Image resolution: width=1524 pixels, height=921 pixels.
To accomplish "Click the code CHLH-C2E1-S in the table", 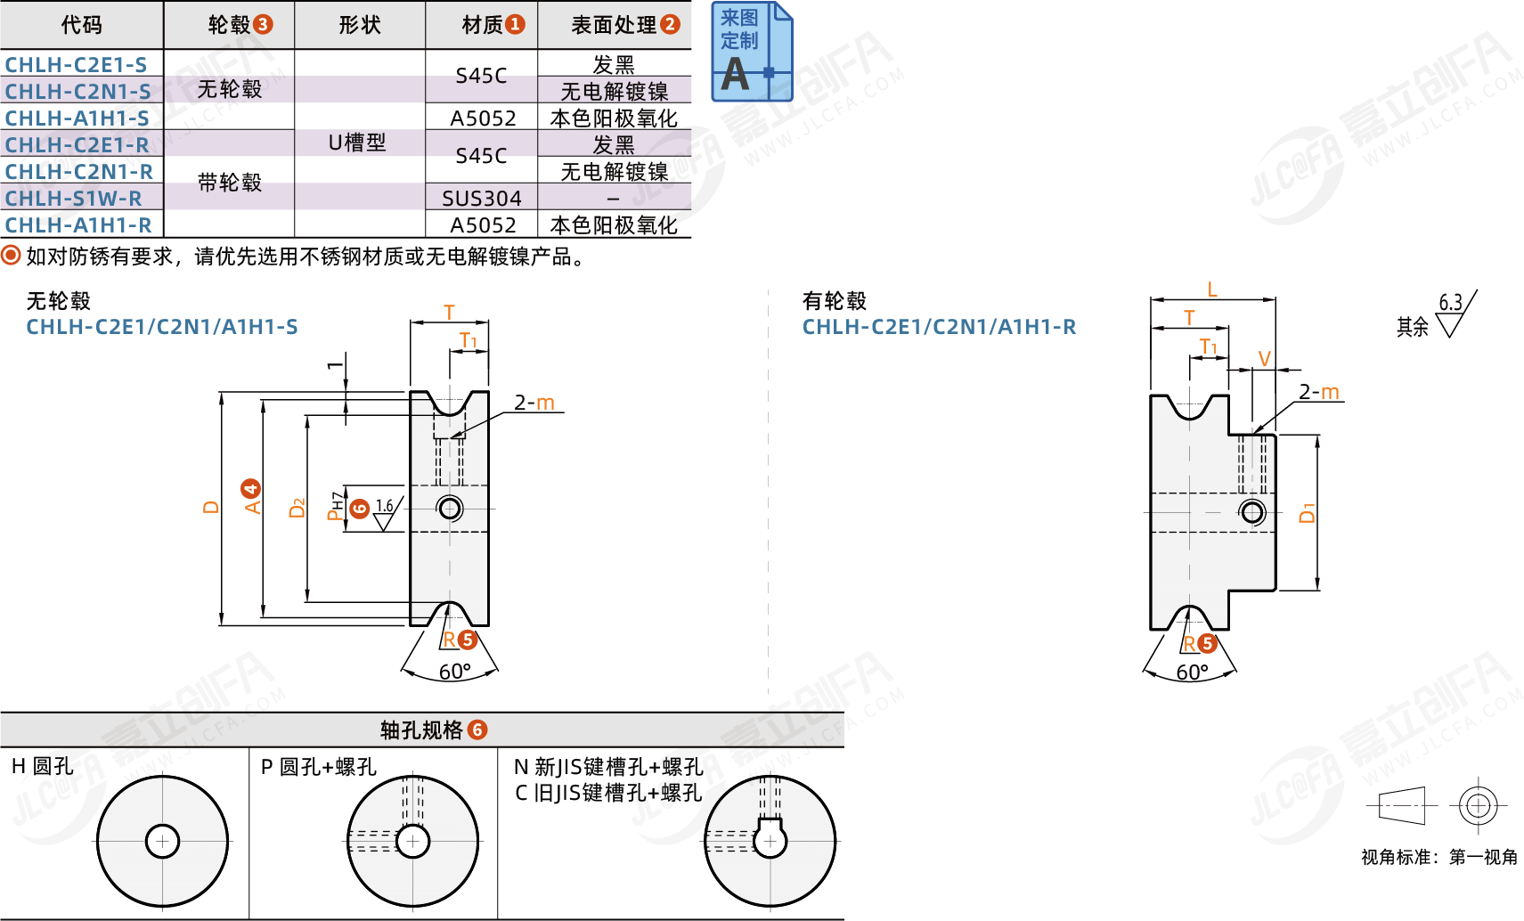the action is click(76, 65).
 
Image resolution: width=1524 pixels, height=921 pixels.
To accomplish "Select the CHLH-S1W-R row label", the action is click(73, 198).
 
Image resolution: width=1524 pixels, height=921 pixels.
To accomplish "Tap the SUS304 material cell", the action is click(481, 198).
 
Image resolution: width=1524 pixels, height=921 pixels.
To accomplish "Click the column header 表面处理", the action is click(614, 25).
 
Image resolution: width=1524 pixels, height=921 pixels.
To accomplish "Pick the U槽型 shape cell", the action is click(357, 143).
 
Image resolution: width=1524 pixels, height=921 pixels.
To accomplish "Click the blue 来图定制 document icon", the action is click(752, 52).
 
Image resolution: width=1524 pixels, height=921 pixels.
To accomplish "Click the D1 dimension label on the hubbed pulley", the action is click(1307, 513).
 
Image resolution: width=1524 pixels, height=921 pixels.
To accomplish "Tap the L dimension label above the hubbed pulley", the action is click(1211, 289).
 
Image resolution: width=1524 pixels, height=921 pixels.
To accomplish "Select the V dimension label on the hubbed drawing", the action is click(1264, 358).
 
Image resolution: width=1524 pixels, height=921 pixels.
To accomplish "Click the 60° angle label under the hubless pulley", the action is click(455, 672).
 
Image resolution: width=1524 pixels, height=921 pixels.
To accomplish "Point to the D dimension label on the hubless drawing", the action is click(212, 508).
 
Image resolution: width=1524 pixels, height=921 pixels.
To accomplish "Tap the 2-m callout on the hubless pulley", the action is click(534, 403).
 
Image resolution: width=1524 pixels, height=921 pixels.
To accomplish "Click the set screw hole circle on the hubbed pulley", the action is click(1251, 512).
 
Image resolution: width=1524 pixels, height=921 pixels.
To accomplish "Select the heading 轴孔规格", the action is click(421, 729).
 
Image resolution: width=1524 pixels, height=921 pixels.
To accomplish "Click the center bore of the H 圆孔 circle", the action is click(163, 842).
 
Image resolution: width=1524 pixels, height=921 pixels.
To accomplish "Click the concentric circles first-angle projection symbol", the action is click(1478, 806).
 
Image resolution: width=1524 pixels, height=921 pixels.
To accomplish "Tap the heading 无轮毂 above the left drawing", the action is click(59, 301).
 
